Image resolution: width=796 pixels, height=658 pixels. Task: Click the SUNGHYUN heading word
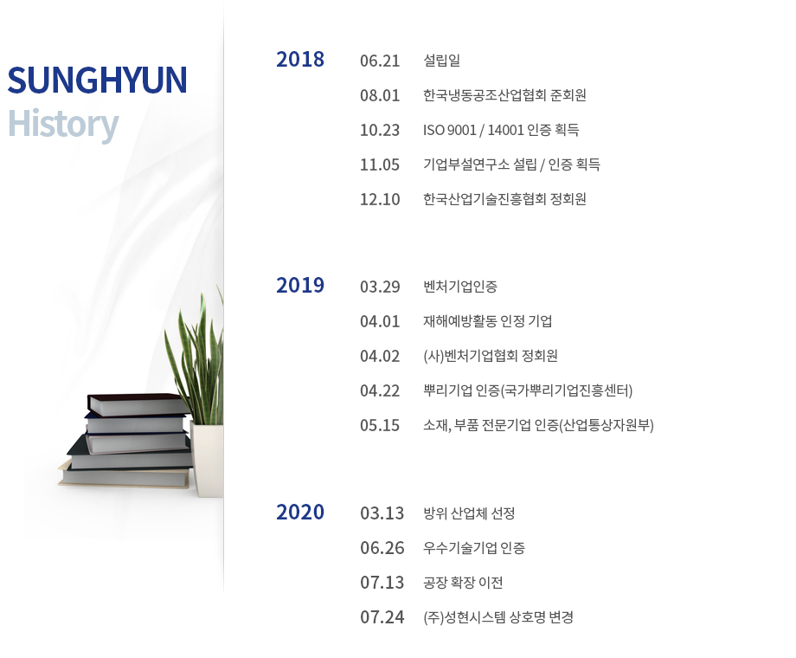97,81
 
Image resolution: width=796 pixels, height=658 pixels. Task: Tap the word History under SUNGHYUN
63,124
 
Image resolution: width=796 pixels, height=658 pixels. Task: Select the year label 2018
300,60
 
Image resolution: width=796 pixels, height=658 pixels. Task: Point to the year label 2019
300,286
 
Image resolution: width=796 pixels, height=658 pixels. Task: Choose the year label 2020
300,513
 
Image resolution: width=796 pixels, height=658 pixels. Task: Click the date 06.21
380,61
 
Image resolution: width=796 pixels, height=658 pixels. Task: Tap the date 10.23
380,130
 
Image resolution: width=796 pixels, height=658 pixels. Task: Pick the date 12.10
380,199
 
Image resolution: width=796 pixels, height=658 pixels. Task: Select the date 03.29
380,287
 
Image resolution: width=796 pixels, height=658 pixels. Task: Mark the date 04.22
380,390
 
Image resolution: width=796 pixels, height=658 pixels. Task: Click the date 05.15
380,425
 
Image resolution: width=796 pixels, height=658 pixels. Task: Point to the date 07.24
382,617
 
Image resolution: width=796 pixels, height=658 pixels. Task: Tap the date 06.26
382,548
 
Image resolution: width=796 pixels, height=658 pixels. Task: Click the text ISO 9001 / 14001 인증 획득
501,130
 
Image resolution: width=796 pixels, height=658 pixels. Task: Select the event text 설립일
441,61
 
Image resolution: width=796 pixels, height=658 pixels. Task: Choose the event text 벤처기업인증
460,287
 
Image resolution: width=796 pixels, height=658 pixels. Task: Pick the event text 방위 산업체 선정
469,513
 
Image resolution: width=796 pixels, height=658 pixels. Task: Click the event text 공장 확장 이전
463,583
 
